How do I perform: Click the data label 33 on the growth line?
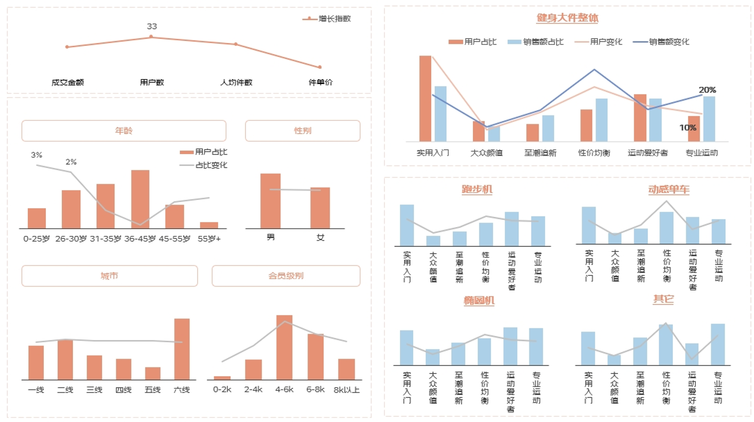[x=152, y=27]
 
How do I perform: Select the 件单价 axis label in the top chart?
[x=320, y=82]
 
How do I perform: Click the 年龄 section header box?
[x=124, y=131]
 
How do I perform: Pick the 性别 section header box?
[x=303, y=131]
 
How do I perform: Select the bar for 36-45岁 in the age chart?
[x=140, y=199]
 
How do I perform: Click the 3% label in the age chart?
[x=36, y=155]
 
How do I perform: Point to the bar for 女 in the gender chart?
[x=320, y=208]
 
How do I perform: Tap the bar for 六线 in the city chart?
[x=182, y=349]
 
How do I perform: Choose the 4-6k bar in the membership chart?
[x=284, y=347]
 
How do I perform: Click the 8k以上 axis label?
[x=347, y=390]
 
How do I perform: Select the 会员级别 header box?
[x=286, y=276]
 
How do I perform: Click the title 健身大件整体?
[x=567, y=18]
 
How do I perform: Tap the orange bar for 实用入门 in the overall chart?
[x=425, y=99]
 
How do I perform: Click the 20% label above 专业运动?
[x=707, y=90]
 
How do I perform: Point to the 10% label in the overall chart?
[x=688, y=127]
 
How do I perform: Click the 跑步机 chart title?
[x=477, y=189]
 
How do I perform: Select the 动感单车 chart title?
[x=669, y=189]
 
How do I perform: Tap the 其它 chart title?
[x=663, y=299]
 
